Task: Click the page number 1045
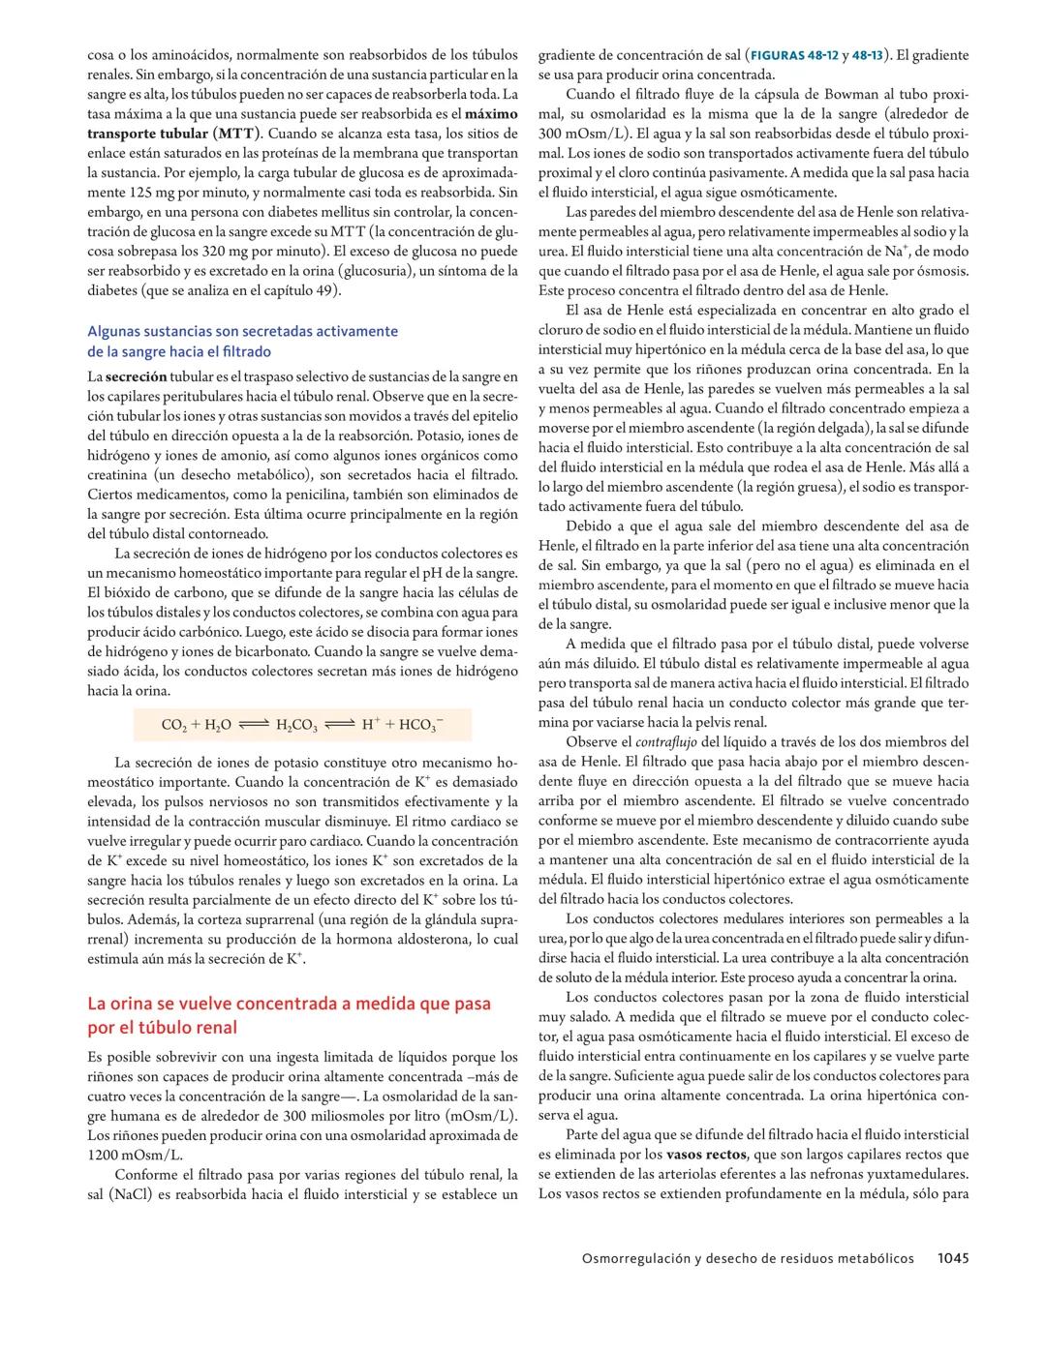[x=953, y=1258]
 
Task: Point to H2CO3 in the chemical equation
[x=296, y=725]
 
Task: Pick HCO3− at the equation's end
[x=419, y=725]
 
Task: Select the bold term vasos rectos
[x=706, y=1155]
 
